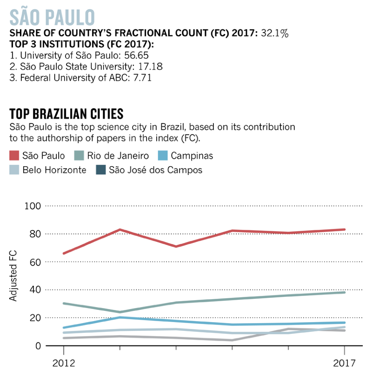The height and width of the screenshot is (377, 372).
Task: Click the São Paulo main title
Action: click(52, 17)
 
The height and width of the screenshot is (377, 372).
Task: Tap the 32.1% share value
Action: click(275, 34)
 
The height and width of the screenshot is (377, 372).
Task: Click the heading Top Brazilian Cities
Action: click(66, 114)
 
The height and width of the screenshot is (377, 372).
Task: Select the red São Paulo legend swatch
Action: click(15, 156)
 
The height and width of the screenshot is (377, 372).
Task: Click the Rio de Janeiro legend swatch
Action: click(80, 156)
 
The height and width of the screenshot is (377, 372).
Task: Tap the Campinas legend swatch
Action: click(163, 156)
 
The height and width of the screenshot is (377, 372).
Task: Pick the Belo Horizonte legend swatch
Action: click(15, 170)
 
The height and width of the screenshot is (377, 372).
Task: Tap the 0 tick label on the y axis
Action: click(36, 346)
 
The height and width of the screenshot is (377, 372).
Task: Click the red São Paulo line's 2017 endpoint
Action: click(344, 229)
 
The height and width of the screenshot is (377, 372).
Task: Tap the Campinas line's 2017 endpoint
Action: click(344, 323)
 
